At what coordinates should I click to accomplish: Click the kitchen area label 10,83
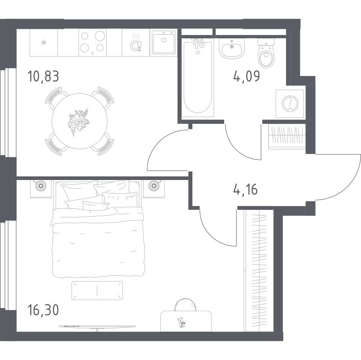43,76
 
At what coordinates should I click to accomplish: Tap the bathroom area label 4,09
246,76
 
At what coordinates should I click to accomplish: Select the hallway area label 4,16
245,190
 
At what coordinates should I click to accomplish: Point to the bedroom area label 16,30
43,310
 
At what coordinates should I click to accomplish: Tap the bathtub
197,77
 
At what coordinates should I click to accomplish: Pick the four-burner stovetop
93,42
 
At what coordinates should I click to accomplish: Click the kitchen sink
163,42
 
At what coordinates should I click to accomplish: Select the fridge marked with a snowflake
44,42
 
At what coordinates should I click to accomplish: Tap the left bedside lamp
41,185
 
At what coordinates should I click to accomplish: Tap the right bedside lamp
154,185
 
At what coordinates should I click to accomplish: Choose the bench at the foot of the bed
97,290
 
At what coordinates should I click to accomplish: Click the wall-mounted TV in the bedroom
97,327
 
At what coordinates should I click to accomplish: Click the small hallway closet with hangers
287,137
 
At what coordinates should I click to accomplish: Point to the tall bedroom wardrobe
259,270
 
